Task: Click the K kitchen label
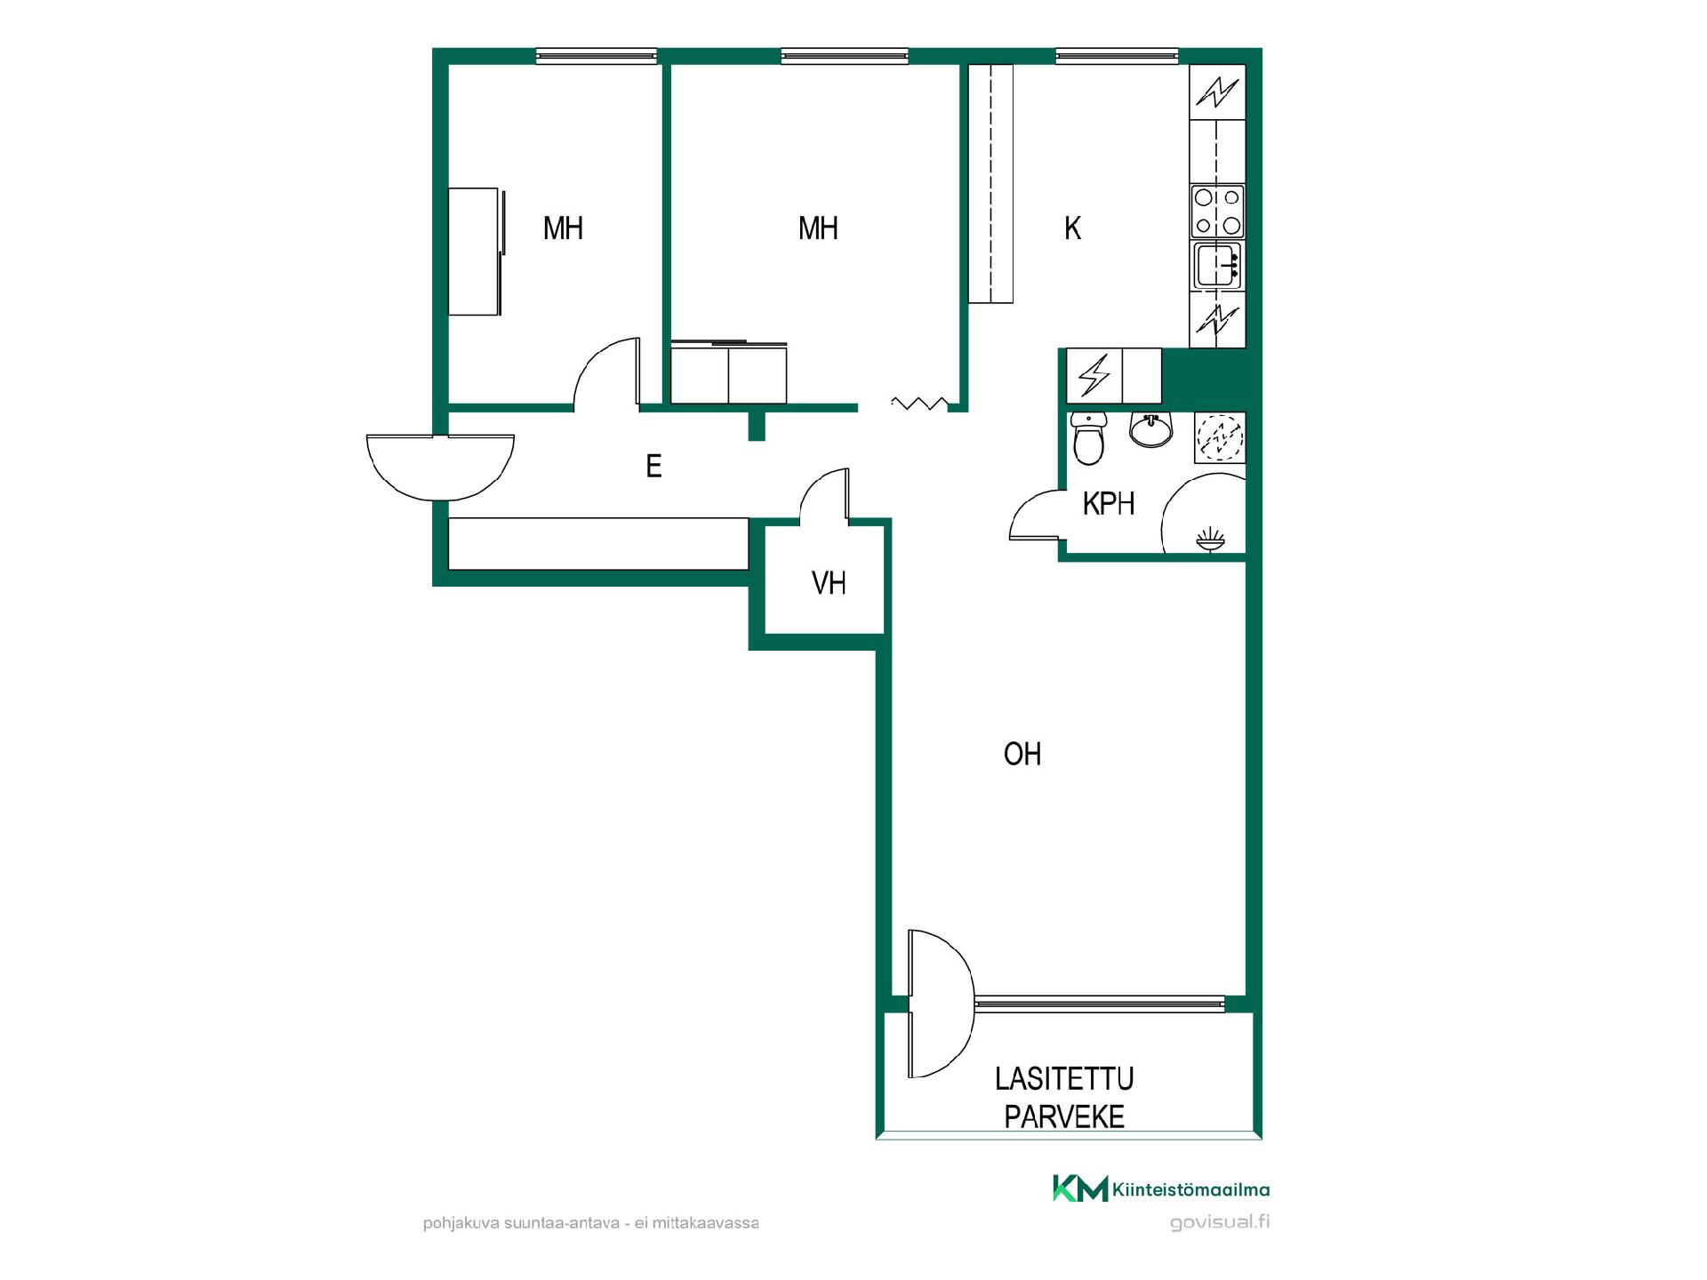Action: (1072, 228)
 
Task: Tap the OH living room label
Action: (1022, 754)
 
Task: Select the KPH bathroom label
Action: (1109, 504)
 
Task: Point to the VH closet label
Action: (829, 583)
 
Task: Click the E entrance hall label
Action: (653, 466)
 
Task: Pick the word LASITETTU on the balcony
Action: (1064, 1079)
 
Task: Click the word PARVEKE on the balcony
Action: (1064, 1117)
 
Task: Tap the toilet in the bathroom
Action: (1088, 438)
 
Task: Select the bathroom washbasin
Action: (1151, 429)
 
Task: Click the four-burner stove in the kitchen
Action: (1217, 212)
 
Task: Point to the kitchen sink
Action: (1217, 265)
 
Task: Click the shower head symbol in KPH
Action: (1209, 539)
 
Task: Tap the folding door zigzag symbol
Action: (920, 404)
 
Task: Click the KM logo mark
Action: (1080, 1188)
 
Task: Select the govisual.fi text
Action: (1220, 1222)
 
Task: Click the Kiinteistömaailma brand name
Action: (1191, 1190)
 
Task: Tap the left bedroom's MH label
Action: (563, 228)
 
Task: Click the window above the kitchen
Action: (1117, 56)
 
